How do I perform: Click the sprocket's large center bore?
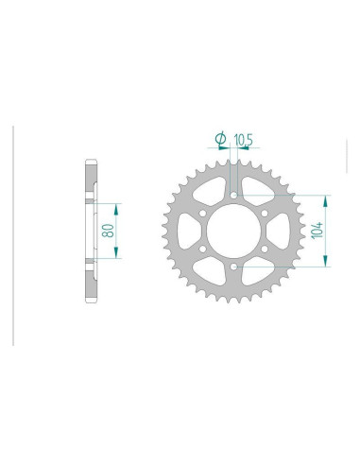pyautogui.click(x=232, y=232)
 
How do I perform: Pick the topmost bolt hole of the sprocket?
pyautogui.click(x=232, y=197)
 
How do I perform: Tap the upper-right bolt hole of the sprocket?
pyautogui.click(x=263, y=215)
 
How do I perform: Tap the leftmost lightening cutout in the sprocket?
pyautogui.click(x=191, y=232)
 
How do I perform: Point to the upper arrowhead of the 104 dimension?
pyautogui.click(x=326, y=199)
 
